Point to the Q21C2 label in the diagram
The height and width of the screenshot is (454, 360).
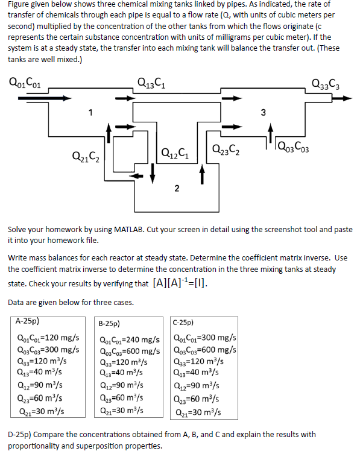pos(85,159)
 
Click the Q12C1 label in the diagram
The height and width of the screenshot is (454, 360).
pos(177,150)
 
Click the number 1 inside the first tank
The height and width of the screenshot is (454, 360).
pos(90,112)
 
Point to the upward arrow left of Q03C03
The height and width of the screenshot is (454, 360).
pos(271,137)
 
